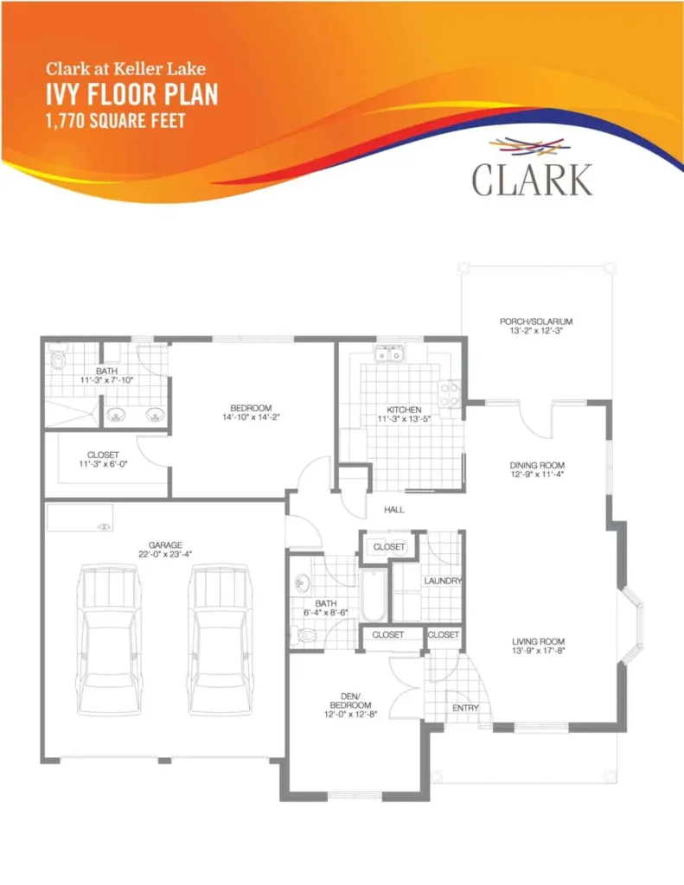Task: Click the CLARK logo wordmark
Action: click(532, 180)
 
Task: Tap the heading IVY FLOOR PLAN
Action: click(131, 94)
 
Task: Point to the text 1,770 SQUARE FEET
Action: click(115, 121)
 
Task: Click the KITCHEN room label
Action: click(404, 410)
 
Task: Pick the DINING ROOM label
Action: click(537, 465)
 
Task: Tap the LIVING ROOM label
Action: click(538, 641)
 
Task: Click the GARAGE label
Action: click(165, 545)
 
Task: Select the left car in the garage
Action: click(109, 640)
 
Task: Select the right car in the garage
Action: click(219, 640)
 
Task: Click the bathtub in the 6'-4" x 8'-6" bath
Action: click(374, 595)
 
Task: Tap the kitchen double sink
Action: click(389, 354)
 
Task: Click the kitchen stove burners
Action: click(451, 394)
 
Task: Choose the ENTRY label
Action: click(465, 708)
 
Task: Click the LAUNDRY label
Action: click(443, 581)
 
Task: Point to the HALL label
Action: click(394, 510)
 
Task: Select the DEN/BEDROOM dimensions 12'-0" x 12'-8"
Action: click(351, 714)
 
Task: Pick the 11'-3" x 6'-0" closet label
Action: click(103, 459)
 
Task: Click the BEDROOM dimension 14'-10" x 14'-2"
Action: click(252, 417)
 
